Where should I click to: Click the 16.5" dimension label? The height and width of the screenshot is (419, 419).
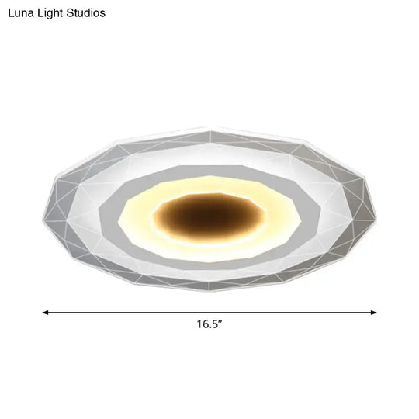coord(209,325)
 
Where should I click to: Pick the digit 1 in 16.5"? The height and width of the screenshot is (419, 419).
coord(199,325)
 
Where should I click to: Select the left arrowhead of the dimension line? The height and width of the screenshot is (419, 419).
coord(45,312)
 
